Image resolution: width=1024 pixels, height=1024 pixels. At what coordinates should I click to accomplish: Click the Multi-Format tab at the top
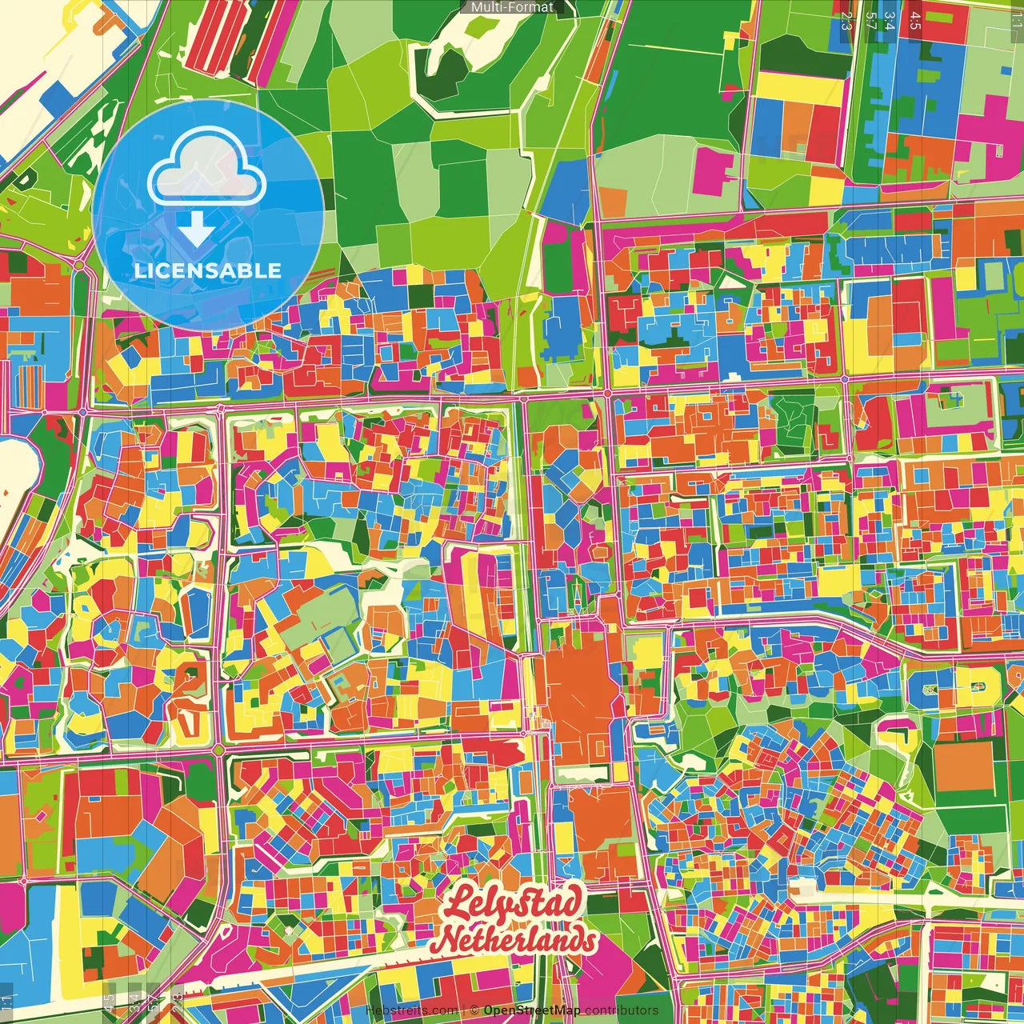512,7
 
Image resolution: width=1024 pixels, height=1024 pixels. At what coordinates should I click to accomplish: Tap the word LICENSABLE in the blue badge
208,270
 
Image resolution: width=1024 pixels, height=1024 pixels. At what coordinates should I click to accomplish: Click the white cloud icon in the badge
206,169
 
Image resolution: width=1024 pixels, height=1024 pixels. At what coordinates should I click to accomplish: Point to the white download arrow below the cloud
196,228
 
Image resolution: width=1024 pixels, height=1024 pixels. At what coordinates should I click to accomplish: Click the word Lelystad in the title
512,905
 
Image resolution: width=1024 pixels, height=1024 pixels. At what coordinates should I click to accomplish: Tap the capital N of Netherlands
452,941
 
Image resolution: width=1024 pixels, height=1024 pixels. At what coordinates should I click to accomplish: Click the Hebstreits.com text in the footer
411,1010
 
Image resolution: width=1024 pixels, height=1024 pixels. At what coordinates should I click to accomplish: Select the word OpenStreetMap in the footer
532,1010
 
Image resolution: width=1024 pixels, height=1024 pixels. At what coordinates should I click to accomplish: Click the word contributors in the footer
622,1010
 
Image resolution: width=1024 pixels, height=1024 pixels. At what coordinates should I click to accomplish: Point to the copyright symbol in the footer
474,1010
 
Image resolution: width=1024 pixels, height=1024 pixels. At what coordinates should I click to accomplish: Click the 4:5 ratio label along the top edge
915,21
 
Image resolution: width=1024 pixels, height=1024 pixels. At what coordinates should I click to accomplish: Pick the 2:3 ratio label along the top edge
846,21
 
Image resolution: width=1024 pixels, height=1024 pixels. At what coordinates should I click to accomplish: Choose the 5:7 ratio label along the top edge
871,21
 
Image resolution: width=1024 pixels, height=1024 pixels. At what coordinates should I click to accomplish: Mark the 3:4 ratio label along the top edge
889,21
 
